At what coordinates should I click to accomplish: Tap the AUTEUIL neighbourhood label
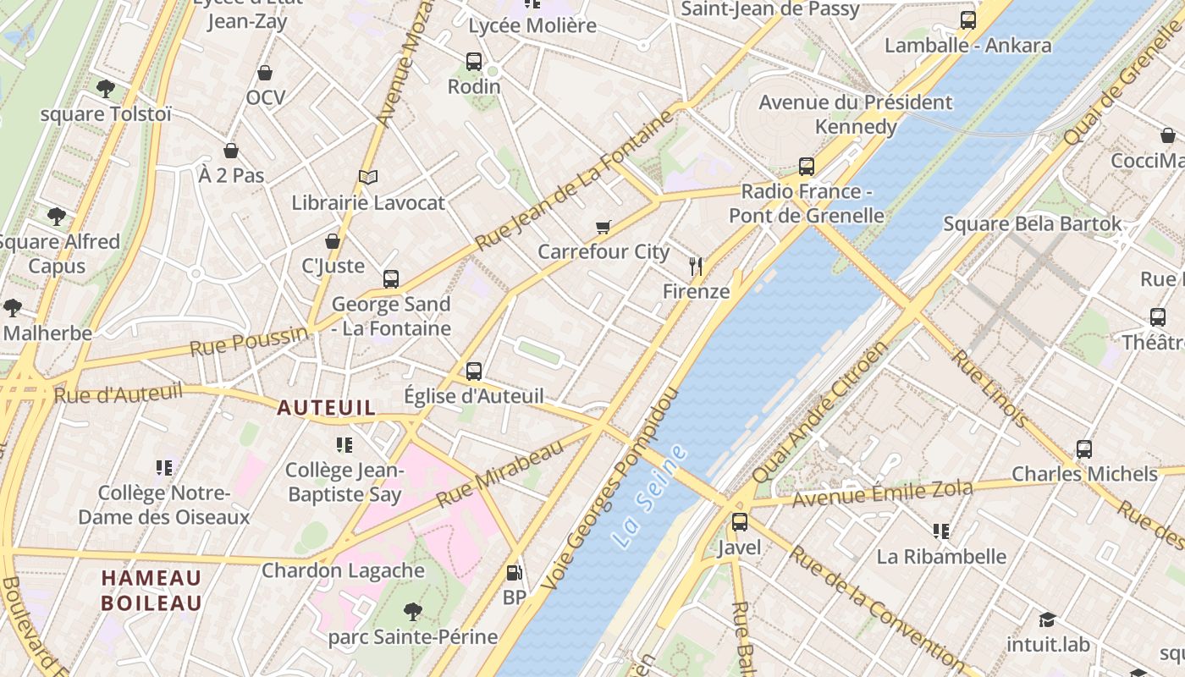(x=326, y=407)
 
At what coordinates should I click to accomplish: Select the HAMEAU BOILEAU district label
(x=152, y=591)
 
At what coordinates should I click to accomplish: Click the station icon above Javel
(x=740, y=522)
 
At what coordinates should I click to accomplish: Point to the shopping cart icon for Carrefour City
(x=603, y=227)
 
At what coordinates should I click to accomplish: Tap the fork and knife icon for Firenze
(x=696, y=267)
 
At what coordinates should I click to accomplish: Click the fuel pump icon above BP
(x=514, y=573)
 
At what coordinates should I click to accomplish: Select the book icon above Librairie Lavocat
(x=367, y=177)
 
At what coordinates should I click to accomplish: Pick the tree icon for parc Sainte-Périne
(x=412, y=611)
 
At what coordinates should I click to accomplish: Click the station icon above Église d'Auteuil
(x=474, y=371)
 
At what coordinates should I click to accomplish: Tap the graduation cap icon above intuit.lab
(x=1048, y=619)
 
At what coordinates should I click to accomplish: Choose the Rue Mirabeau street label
(x=499, y=473)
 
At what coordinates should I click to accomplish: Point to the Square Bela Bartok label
(x=1032, y=224)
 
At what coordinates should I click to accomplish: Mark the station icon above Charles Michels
(x=1084, y=449)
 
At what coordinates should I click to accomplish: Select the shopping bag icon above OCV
(x=265, y=73)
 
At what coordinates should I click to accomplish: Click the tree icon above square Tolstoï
(x=106, y=88)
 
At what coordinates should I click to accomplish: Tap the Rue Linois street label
(x=989, y=388)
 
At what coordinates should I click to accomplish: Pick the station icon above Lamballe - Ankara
(x=967, y=19)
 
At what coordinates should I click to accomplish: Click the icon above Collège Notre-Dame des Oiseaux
(x=164, y=467)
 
